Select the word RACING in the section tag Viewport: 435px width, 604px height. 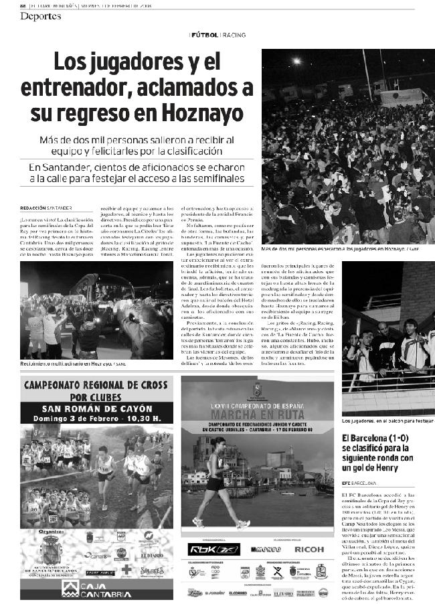coord(234,34)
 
